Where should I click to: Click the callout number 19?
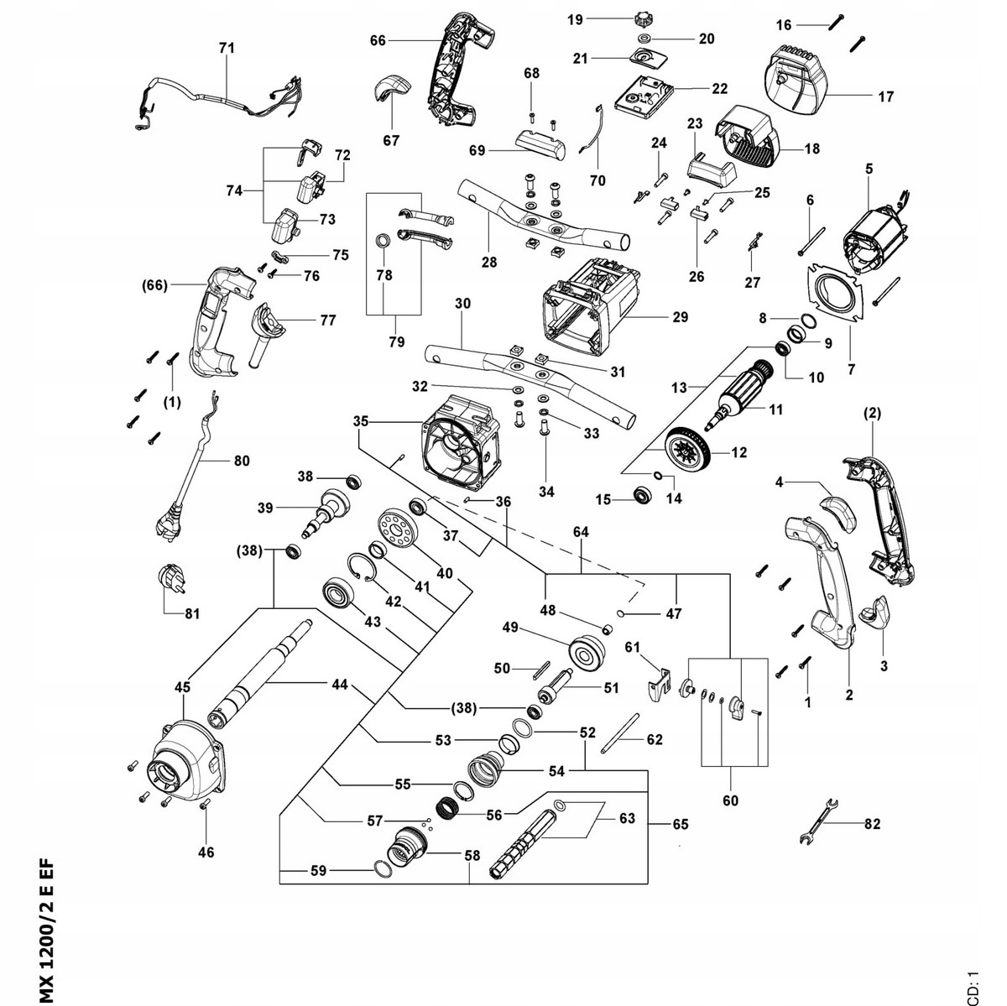pyautogui.click(x=575, y=18)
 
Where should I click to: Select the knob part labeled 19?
pyautogui.click(x=644, y=17)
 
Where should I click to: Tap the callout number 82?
pyautogui.click(x=872, y=824)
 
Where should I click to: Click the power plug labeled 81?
pyautogui.click(x=170, y=581)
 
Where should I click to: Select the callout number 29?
pyautogui.click(x=680, y=317)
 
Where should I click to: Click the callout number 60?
pyautogui.click(x=730, y=800)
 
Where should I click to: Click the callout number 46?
pyautogui.click(x=206, y=852)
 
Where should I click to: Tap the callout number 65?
pyautogui.click(x=680, y=824)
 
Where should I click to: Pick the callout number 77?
pyautogui.click(x=327, y=320)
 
